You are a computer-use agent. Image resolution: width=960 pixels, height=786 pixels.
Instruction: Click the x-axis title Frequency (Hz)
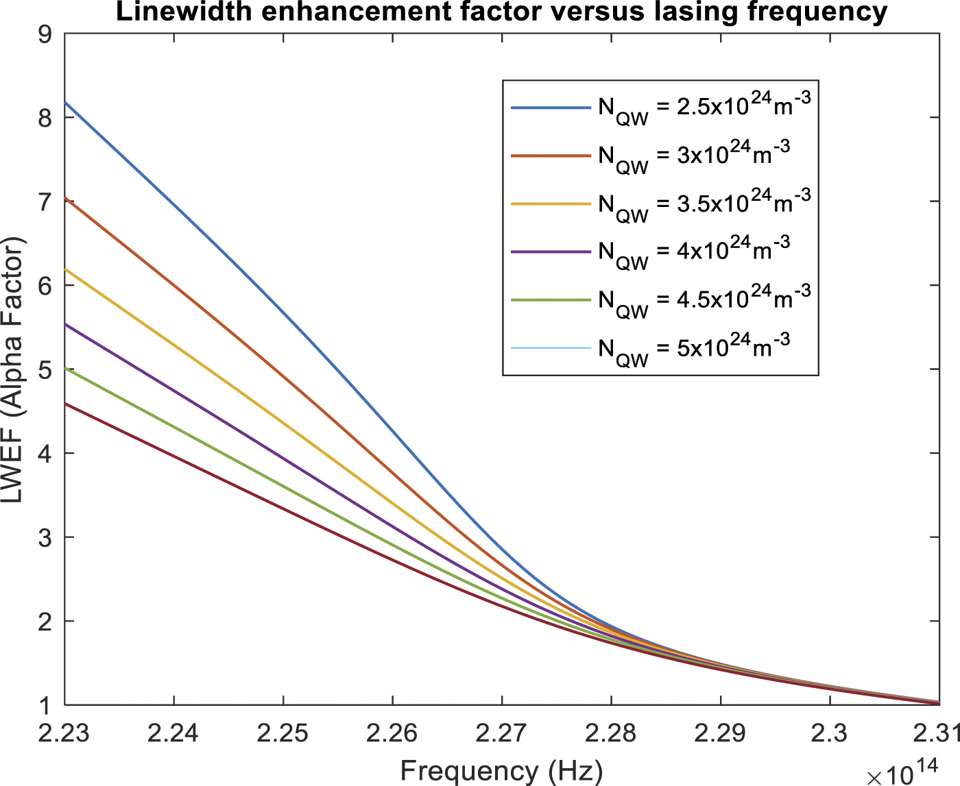pos(501,770)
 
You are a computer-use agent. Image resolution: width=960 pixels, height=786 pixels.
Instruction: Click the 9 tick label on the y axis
pos(46,34)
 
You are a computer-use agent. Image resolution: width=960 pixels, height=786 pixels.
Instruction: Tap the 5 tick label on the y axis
pos(46,370)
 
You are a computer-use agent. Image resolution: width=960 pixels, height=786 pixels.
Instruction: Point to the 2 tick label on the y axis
pos(46,622)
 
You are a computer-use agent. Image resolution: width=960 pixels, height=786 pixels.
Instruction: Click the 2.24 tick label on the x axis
pos(173,733)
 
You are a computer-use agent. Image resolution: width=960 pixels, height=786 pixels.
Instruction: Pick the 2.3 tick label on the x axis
pos(830,733)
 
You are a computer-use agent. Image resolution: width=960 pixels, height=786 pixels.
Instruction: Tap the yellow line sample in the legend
pos(551,204)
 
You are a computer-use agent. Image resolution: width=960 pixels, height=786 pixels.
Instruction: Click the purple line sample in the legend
pos(551,252)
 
